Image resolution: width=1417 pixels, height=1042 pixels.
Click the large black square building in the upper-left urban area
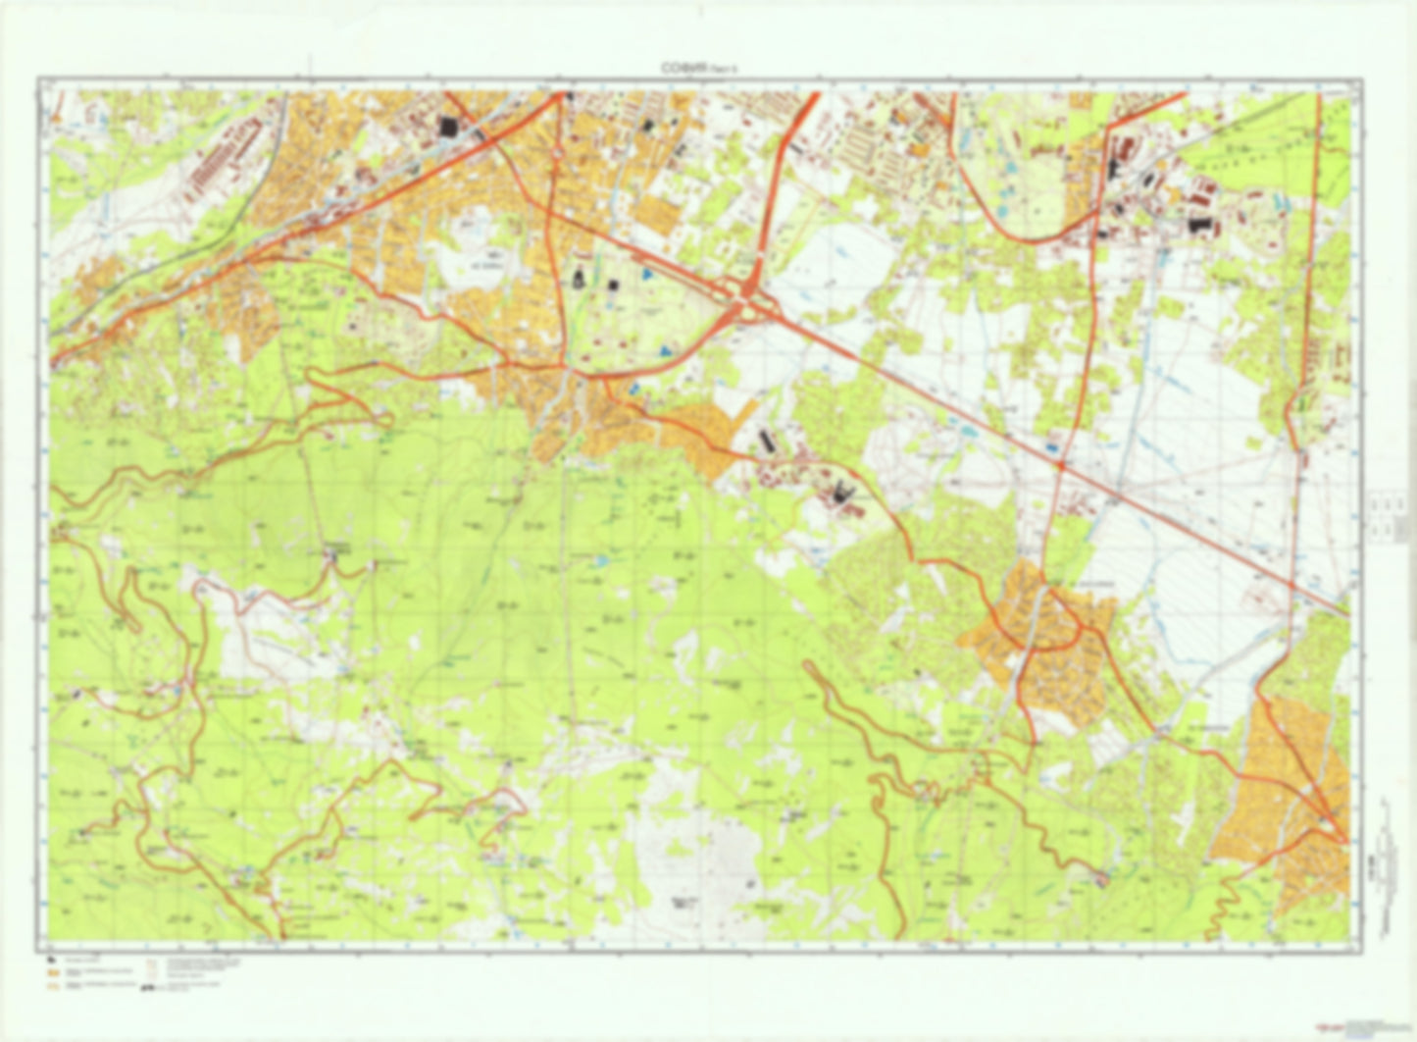coord(448,128)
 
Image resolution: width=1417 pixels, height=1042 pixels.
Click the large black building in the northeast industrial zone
coord(1194,225)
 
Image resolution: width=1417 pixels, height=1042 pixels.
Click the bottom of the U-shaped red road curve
coord(1020,235)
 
